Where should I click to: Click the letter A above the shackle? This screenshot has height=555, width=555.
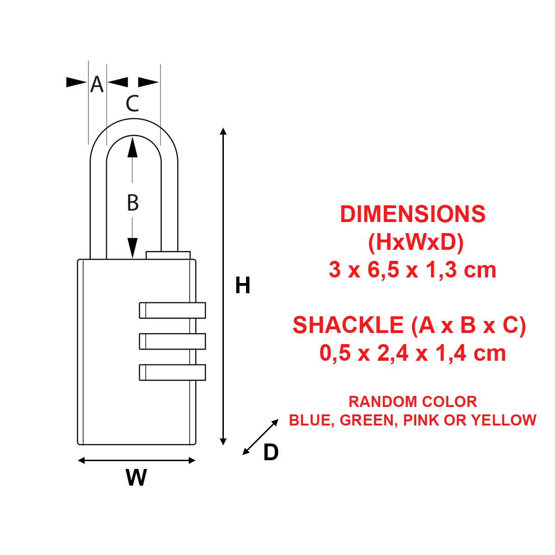(97, 84)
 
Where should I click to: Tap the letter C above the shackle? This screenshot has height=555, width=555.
(132, 104)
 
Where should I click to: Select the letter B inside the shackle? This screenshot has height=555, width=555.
(133, 203)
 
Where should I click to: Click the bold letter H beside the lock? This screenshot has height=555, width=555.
(242, 285)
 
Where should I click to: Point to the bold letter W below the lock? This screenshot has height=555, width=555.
(136, 477)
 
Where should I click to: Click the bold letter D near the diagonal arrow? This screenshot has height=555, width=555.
(271, 452)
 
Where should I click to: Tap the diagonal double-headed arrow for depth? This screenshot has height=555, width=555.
(260, 437)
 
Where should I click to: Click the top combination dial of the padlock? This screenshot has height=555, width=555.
(172, 310)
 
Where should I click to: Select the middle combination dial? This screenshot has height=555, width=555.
(172, 341)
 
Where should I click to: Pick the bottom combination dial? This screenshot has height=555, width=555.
(172, 372)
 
